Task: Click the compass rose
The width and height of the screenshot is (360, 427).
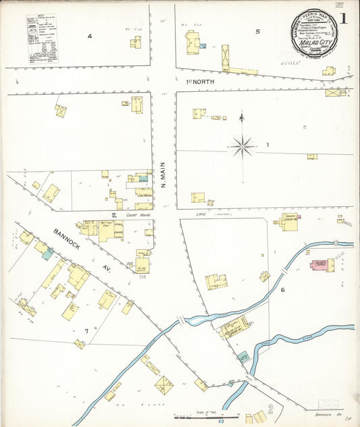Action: pos(242,144)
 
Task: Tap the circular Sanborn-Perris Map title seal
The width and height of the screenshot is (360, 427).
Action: pos(314,31)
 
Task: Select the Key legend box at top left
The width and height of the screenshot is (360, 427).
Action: pos(42,39)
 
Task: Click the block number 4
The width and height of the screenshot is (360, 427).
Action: pos(88,35)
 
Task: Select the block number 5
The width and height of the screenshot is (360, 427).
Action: pos(257,31)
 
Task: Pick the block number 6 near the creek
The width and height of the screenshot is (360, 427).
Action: pos(283,290)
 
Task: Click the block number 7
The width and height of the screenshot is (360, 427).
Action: pos(86,330)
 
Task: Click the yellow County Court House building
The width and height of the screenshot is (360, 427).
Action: pos(289,222)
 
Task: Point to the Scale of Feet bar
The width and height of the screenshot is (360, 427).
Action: pos(207,418)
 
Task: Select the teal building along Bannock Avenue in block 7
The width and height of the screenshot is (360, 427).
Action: pos(47,254)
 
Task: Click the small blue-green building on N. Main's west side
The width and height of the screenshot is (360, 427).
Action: pos(143,178)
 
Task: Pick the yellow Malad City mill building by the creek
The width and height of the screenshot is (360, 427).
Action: pos(232,330)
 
